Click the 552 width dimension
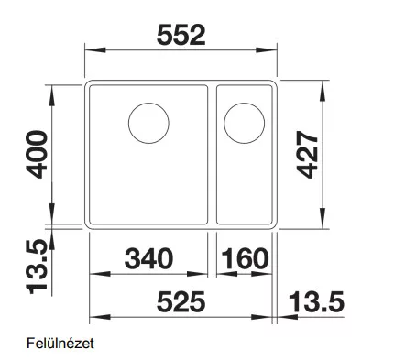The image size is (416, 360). (x=181, y=35)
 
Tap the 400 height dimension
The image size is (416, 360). (x=37, y=154)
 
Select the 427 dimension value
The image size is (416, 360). (x=307, y=154)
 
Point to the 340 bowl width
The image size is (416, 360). (x=148, y=258)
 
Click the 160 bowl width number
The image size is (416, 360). (x=245, y=258)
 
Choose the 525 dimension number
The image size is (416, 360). (x=181, y=301)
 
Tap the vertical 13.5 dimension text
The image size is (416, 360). (x=37, y=267)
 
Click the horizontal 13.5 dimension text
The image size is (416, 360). (x=317, y=301)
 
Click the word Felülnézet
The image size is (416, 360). (x=60, y=344)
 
